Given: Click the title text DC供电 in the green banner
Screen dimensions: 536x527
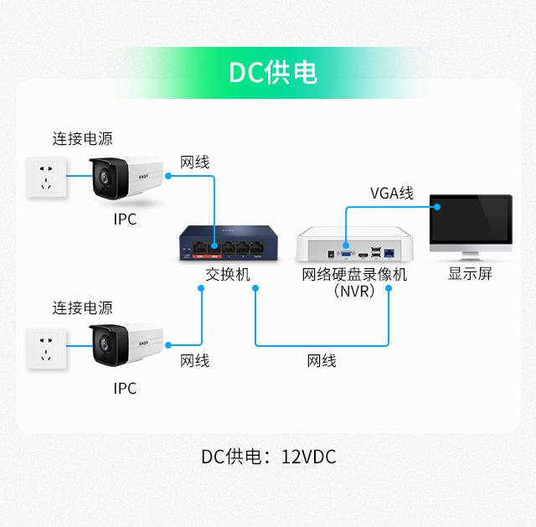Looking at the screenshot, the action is (273, 72).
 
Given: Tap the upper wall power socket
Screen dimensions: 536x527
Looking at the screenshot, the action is (46, 177).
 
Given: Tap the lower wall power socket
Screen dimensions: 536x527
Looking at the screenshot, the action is (46, 349).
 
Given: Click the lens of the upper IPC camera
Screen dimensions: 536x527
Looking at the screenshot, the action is (104, 178).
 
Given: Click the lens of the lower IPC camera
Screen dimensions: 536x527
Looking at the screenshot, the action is (104, 344).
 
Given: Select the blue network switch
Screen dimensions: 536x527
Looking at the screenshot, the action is (229, 243).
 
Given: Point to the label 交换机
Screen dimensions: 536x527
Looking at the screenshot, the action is (228, 274).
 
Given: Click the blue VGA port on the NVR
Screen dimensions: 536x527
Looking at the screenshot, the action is (346, 253).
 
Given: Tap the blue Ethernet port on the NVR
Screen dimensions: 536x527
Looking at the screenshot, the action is (389, 253).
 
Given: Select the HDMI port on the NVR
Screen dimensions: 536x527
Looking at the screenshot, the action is (363, 255).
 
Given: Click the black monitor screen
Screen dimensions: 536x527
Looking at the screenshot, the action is (471, 219).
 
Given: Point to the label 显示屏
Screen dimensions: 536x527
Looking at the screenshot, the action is (470, 274).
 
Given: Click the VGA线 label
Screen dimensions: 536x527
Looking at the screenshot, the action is (392, 194).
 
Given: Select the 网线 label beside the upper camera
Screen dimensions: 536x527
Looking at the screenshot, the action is (195, 162).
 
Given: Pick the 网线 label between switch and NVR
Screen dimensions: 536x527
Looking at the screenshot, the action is (322, 361).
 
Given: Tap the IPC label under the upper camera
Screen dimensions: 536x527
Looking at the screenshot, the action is (125, 220).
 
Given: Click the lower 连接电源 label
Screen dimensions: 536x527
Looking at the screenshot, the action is (82, 307).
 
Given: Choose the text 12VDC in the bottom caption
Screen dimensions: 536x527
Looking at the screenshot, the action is (308, 457).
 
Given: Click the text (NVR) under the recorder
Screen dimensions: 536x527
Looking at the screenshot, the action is (354, 292).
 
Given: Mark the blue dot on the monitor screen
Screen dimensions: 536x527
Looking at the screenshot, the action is (437, 207).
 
